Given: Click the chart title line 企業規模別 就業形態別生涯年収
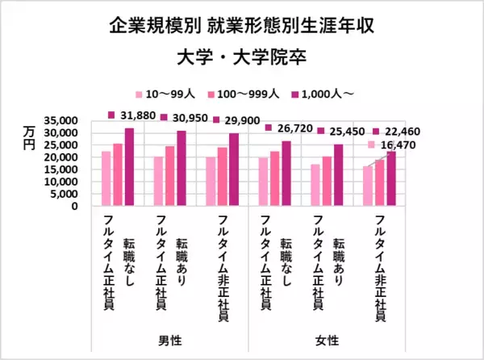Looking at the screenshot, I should [x=241, y=27].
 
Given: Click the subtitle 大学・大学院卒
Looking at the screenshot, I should [x=241, y=60].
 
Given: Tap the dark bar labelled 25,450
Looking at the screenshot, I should [x=339, y=174].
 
